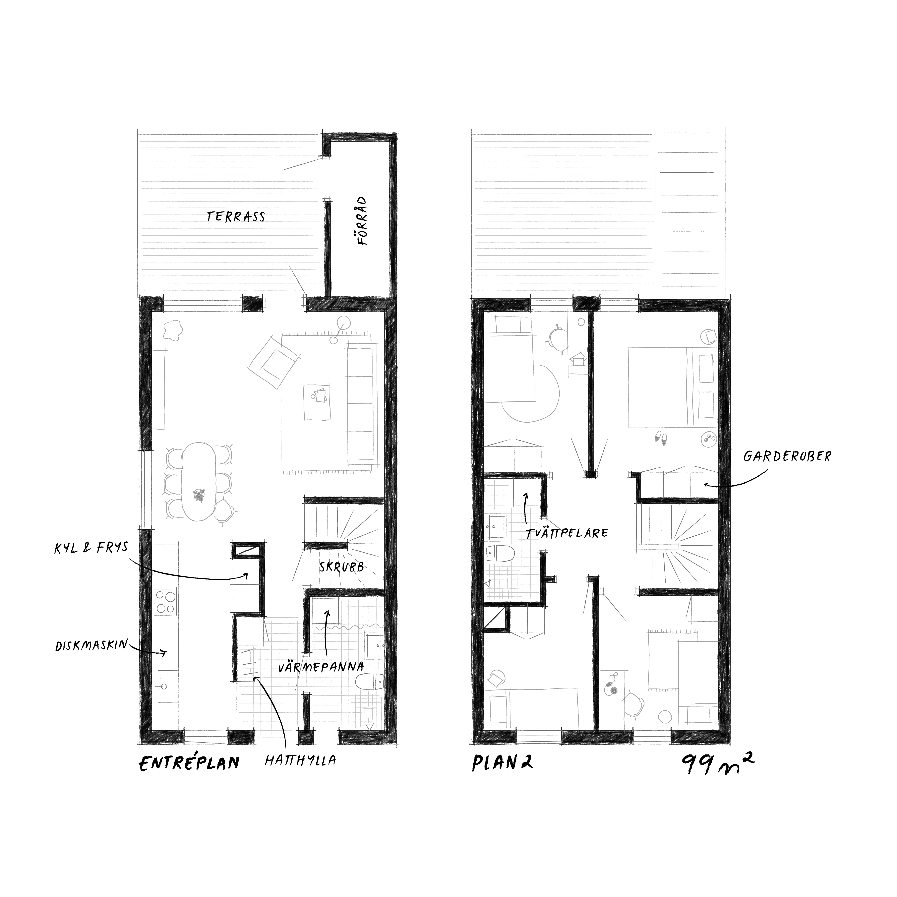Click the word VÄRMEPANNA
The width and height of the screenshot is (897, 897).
[x=321, y=667]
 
